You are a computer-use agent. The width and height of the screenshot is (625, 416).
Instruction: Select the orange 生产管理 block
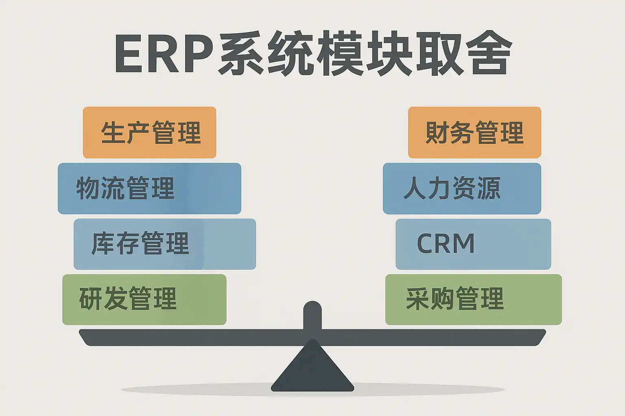(x=150, y=132)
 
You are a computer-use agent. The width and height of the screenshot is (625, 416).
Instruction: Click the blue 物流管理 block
(x=150, y=188)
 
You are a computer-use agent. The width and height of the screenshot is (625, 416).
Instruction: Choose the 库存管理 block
(x=165, y=244)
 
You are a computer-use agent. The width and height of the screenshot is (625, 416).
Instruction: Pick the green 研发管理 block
(x=144, y=299)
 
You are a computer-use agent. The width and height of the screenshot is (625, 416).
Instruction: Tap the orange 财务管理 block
(x=474, y=132)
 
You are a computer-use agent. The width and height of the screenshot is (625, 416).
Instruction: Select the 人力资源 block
(x=462, y=188)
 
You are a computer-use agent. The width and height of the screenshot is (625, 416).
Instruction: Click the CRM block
(x=474, y=244)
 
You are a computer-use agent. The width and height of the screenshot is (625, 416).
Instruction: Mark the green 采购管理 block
(x=474, y=299)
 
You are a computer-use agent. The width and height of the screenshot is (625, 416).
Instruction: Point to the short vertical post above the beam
(x=312, y=315)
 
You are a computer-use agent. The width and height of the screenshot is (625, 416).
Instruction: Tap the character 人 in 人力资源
(x=415, y=188)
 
